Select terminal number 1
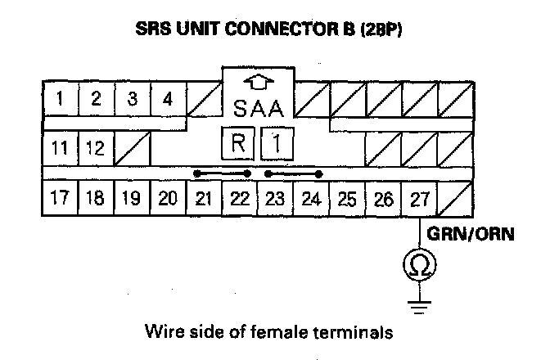tap(61, 101)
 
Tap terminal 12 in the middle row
tap(96, 150)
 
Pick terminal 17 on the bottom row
tap(60, 199)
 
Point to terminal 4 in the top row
tap(168, 101)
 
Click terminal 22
tap(239, 199)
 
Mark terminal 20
tap(168, 199)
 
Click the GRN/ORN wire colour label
tap(467, 234)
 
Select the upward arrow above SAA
tap(258, 82)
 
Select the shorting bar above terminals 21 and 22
tap(222, 173)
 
